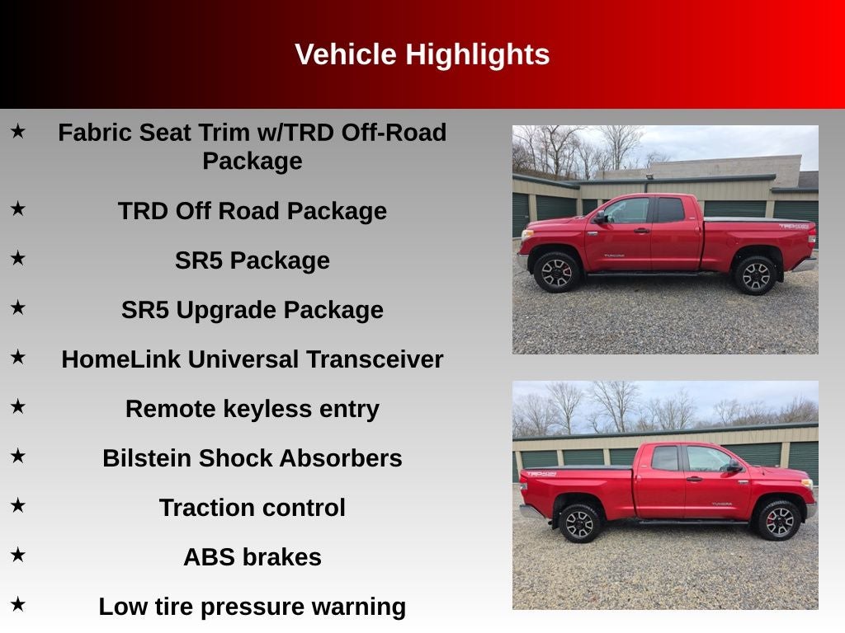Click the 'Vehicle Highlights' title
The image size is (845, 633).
tap(422, 54)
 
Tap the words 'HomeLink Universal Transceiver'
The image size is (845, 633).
tap(252, 359)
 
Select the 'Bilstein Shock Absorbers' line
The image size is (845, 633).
tap(252, 458)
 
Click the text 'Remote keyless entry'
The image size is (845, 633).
tap(252, 409)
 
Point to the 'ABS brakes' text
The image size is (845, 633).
tap(252, 557)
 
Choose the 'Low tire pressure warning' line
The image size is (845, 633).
tap(252, 607)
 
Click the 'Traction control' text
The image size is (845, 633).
tap(252, 508)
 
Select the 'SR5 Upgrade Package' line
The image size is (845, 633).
tap(252, 310)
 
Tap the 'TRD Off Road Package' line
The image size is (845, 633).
tap(252, 211)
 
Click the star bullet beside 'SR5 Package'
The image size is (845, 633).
tap(17, 258)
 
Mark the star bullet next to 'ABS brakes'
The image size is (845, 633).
tap(17, 555)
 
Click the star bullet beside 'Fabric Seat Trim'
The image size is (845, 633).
tap(17, 130)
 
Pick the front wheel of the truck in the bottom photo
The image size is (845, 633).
tap(778, 520)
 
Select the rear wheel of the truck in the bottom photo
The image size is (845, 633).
tap(580, 523)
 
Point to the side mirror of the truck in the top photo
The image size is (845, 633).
tap(601, 218)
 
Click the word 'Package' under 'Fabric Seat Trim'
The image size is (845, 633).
tap(252, 161)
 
